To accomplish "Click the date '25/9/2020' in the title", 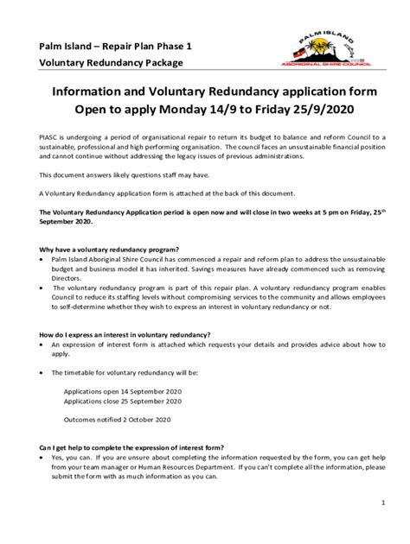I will point(325,111).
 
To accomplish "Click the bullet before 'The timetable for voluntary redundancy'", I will point(43,372).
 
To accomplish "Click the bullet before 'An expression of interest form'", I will point(43,345).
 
